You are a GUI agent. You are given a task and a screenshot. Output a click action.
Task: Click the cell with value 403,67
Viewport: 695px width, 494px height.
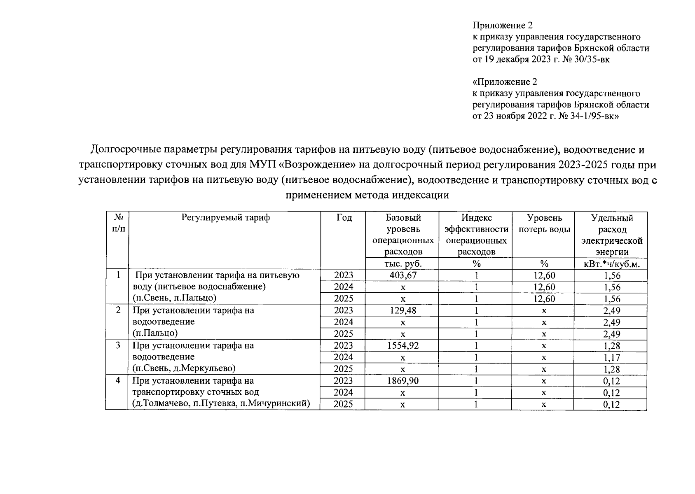pyautogui.click(x=402, y=275)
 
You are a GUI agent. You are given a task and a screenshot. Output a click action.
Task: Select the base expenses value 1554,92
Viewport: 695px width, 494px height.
pyautogui.click(x=402, y=346)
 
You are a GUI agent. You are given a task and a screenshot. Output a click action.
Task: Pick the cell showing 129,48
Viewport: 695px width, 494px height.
pyautogui.click(x=402, y=310)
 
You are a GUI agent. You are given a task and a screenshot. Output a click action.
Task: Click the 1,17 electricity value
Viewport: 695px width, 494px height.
pyautogui.click(x=611, y=358)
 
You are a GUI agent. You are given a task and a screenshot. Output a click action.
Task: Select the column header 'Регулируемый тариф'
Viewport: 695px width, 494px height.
pyautogui.click(x=225, y=218)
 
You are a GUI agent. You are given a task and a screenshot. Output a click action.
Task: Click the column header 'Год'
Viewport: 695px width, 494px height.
pyautogui.click(x=344, y=218)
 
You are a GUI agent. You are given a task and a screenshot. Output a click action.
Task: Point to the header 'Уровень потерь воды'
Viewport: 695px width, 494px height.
pyautogui.click(x=544, y=224)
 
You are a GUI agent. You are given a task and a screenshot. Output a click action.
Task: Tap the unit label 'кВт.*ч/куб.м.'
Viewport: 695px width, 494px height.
pyautogui.click(x=611, y=264)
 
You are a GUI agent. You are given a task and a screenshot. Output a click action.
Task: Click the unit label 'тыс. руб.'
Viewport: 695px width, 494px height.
pyautogui.click(x=402, y=264)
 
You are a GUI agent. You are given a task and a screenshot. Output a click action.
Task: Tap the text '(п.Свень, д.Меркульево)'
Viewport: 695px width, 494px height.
pyautogui.click(x=184, y=368)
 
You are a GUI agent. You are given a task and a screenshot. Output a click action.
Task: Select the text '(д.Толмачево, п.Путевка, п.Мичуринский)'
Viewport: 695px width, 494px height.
pyautogui.click(x=221, y=404)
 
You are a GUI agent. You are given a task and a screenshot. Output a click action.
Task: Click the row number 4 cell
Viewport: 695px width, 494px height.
pyautogui.click(x=118, y=381)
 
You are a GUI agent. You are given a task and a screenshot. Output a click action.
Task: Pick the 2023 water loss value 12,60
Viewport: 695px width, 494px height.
pyautogui.click(x=544, y=275)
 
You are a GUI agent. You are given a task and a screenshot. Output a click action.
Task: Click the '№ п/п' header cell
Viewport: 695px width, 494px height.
pyautogui.click(x=118, y=223)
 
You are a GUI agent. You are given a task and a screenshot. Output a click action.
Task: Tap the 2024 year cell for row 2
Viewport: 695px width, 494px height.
pyautogui.click(x=343, y=322)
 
